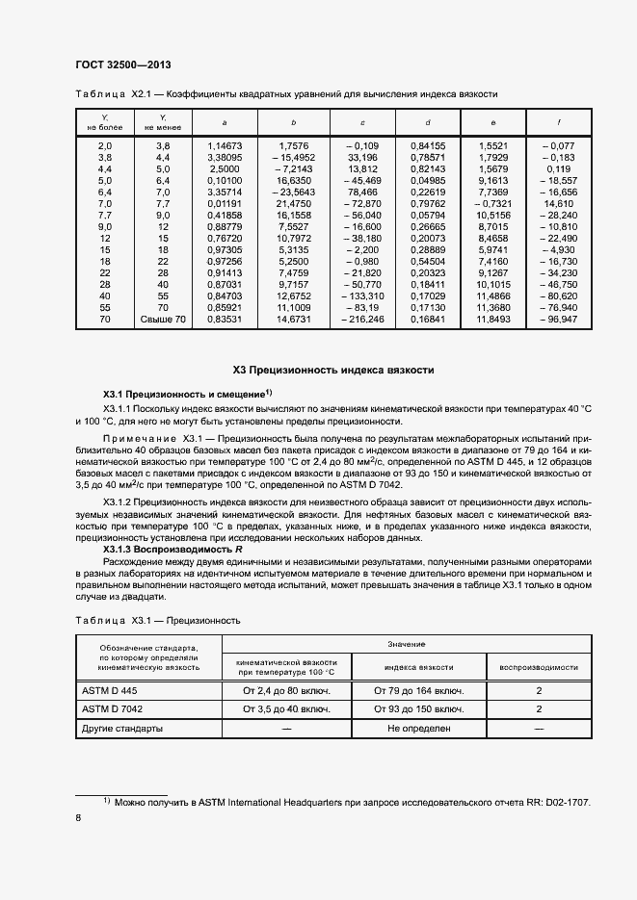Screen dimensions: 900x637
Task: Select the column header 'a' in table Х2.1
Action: pyautogui.click(x=225, y=122)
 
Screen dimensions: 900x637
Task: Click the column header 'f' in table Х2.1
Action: pyautogui.click(x=560, y=122)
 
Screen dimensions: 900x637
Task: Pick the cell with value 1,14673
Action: pyautogui.click(x=225, y=145)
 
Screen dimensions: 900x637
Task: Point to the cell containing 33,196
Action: pyautogui.click(x=362, y=156)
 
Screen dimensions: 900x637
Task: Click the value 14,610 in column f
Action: pyautogui.click(x=560, y=205)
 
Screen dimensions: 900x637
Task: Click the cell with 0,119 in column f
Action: pyautogui.click(x=561, y=167)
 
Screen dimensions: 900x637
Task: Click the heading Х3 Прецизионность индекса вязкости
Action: pyautogui.click(x=334, y=370)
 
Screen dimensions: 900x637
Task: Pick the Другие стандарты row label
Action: pyautogui.click(x=121, y=729)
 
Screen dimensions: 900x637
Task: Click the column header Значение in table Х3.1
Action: pyautogui.click(x=405, y=643)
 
